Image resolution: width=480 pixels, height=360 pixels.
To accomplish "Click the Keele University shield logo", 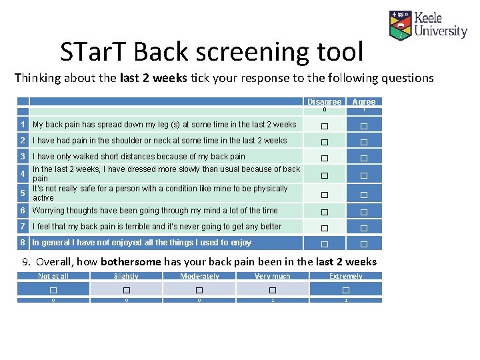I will (x=400, y=25).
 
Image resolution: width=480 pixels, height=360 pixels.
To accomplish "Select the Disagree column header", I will (x=324, y=102).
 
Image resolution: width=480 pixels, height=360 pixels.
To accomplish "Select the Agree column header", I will (x=364, y=102).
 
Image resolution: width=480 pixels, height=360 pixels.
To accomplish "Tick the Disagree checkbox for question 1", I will (x=324, y=126).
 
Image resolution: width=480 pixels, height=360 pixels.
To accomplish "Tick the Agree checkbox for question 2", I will (x=364, y=142).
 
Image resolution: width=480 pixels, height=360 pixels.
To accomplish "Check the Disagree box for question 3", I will (x=324, y=158).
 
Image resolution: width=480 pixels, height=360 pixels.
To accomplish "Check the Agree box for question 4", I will (x=364, y=175).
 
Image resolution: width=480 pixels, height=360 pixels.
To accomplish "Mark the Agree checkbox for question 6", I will (x=364, y=212).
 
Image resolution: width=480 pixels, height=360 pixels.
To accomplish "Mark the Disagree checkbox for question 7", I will (x=324, y=228).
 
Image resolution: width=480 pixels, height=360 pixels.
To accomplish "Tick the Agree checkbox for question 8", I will (x=364, y=244).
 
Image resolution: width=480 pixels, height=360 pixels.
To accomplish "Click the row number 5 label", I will (x=23, y=193).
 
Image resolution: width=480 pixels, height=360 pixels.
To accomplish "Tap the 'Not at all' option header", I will (x=53, y=276).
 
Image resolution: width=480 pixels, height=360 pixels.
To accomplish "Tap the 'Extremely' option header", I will (x=346, y=276).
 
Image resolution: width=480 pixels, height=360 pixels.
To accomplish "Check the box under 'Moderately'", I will (x=199, y=290).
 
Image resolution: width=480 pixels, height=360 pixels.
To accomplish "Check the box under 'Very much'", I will (x=273, y=290).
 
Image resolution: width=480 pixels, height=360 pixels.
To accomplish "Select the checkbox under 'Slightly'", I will (x=126, y=290).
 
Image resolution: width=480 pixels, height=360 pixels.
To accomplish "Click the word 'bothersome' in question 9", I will (x=131, y=262).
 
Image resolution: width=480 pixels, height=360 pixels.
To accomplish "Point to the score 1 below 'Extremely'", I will (x=346, y=301).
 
